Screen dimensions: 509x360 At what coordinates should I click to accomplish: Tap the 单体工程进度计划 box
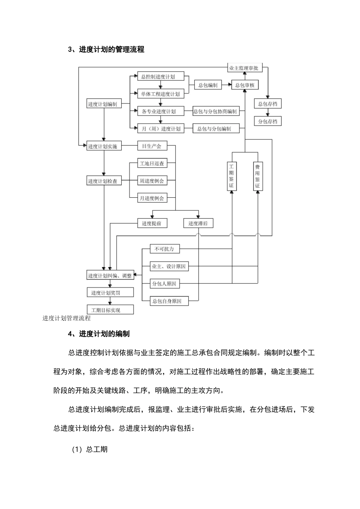tap(161, 94)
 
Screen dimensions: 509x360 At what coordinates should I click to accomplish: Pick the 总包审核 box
tap(245, 85)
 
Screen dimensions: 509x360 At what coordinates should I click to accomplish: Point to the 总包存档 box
tap(268, 104)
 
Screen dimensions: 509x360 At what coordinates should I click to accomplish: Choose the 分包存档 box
tap(268, 122)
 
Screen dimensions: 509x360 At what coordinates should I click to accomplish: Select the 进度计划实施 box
tap(104, 146)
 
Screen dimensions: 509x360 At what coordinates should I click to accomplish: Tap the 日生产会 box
tap(152, 146)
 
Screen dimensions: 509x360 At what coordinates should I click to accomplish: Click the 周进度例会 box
tap(152, 181)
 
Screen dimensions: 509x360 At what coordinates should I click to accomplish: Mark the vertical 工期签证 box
tap(232, 176)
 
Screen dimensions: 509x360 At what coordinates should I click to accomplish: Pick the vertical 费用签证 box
tap(258, 176)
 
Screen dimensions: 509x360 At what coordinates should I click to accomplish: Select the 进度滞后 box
tap(198, 223)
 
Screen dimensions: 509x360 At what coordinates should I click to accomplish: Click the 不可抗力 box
tap(164, 249)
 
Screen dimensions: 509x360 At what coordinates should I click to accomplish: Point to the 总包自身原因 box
tap(167, 301)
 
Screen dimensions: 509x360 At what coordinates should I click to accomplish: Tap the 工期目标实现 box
tap(110, 310)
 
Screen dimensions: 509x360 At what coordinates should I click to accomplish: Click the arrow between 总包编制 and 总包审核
tap(227, 85)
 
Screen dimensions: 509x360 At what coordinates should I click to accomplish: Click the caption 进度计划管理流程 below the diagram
tap(67, 319)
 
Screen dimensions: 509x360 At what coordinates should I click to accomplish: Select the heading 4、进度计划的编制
tap(99, 334)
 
